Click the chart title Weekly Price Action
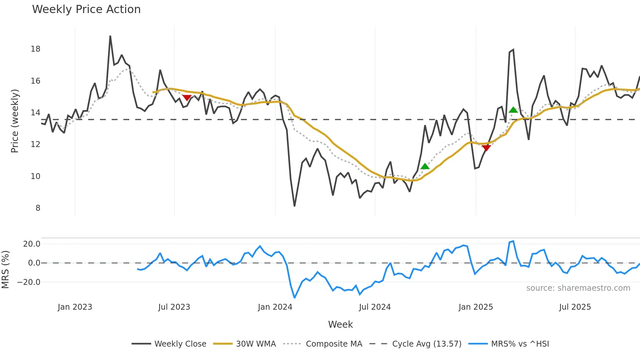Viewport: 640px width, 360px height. coord(86,9)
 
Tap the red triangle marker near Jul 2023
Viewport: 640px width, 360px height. coord(187,97)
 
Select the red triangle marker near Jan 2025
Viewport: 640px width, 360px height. coord(486,148)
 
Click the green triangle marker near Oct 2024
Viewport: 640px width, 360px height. coord(425,167)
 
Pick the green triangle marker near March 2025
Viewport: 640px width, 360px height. coord(513,110)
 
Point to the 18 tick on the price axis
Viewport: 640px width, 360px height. coord(36,49)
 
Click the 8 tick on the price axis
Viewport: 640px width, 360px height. coord(38,208)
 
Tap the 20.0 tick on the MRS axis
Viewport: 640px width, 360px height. coord(32,244)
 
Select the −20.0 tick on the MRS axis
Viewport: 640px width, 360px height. coord(29,282)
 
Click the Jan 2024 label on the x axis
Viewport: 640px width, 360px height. coord(275,307)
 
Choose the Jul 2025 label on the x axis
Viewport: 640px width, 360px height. coord(575,307)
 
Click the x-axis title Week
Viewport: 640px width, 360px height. coord(340,324)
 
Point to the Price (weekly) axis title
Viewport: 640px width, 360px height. coord(15,121)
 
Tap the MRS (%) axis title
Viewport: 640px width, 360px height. coord(5,270)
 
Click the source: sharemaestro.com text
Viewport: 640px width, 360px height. coord(578,288)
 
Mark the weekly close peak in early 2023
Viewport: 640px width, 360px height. coord(110,36)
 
